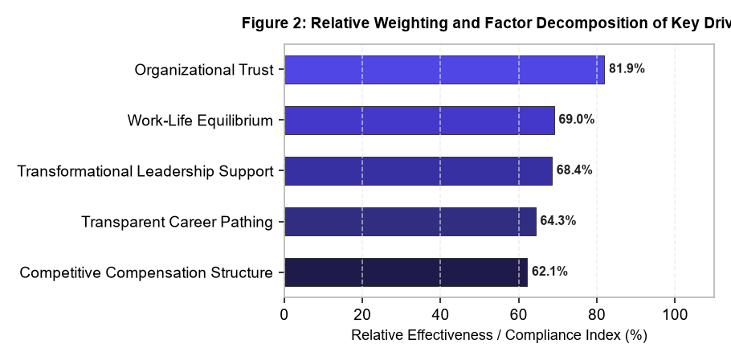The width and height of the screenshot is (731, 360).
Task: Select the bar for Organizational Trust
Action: pyautogui.click(x=444, y=70)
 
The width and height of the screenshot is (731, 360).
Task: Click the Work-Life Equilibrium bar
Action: pyautogui.click(x=419, y=121)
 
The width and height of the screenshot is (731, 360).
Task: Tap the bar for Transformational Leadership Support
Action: pyautogui.click(x=419, y=171)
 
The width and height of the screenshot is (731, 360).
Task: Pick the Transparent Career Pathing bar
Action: pyautogui.click(x=410, y=222)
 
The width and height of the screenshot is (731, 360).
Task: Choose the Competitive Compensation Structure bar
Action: pyautogui.click(x=406, y=272)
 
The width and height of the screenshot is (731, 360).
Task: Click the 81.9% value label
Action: pyautogui.click(x=627, y=69)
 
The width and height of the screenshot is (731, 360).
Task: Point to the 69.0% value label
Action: pyautogui.click(x=577, y=120)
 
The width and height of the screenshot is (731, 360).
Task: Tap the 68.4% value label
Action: pyautogui.click(x=574, y=170)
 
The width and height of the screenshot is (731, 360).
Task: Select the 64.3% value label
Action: pyautogui.click(x=558, y=220)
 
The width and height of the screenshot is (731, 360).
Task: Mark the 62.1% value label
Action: pyautogui.click(x=549, y=272)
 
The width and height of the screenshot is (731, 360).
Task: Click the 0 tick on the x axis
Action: pyautogui.click(x=284, y=315)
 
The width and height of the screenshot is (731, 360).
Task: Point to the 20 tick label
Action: pyautogui.click(x=362, y=315)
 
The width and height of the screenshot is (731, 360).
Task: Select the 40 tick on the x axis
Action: pyautogui.click(x=440, y=315)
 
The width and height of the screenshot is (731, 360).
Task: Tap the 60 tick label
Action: pyautogui.click(x=518, y=315)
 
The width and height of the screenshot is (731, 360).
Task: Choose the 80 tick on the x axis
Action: pyautogui.click(x=597, y=315)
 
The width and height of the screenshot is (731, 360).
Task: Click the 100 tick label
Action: pyautogui.click(x=675, y=315)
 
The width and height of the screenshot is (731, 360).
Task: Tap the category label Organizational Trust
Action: pyautogui.click(x=204, y=70)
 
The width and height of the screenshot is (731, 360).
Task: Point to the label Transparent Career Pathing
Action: pyautogui.click(x=178, y=222)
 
